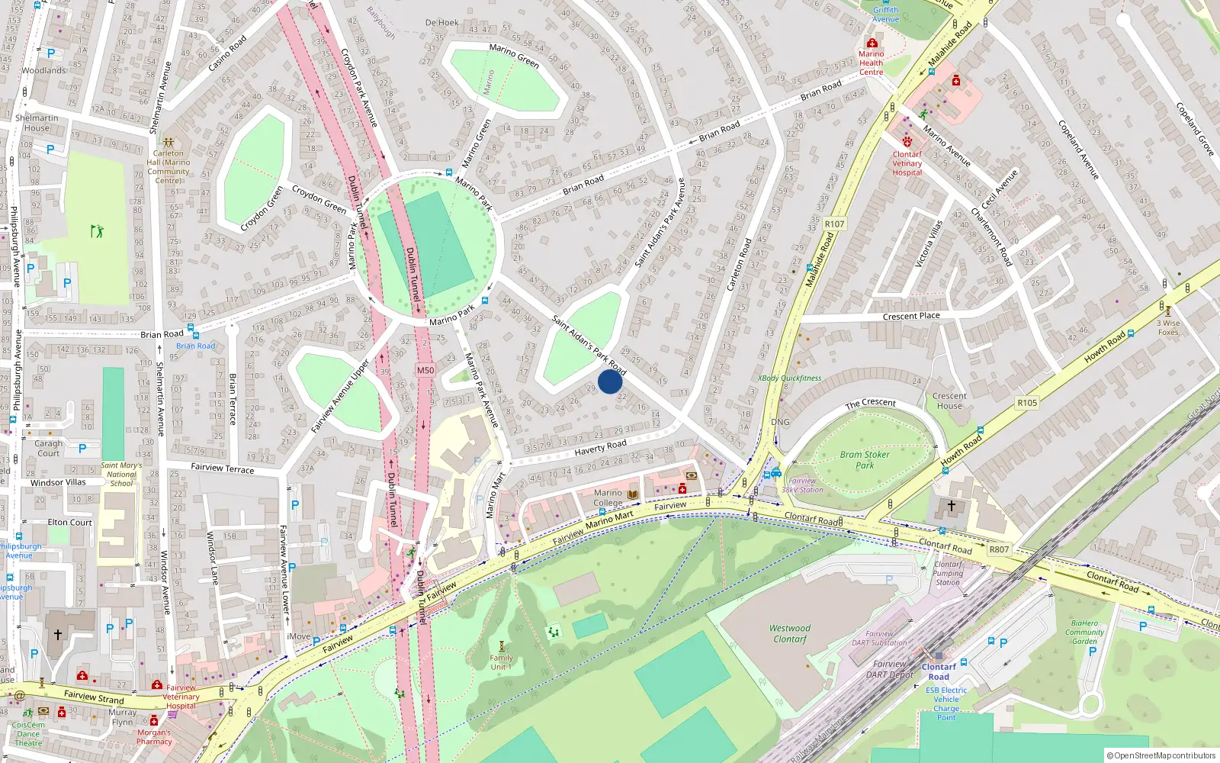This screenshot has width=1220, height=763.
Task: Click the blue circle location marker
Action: (x=610, y=381)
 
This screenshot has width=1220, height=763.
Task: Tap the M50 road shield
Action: (x=425, y=370)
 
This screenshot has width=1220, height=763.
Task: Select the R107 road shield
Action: (x=834, y=224)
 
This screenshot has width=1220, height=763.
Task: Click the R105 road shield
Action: (x=1027, y=403)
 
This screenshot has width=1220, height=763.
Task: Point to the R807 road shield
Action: (x=999, y=549)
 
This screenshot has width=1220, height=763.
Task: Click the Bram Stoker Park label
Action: (x=865, y=459)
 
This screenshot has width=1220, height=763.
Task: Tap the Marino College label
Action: (x=608, y=497)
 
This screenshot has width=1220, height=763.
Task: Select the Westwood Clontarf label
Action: (x=790, y=633)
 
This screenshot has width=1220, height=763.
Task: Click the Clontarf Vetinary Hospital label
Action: (x=907, y=163)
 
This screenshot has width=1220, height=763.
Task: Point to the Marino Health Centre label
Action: (x=872, y=63)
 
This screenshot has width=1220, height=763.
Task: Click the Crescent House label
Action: (x=949, y=401)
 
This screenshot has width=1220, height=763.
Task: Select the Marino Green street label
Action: (x=514, y=56)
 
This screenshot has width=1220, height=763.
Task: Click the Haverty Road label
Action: (x=600, y=448)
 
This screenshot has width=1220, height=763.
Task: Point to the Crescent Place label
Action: (x=911, y=316)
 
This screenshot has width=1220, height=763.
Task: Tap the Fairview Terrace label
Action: (x=222, y=468)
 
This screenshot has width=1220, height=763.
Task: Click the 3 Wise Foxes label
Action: (x=1168, y=327)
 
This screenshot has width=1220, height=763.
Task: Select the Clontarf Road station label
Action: (x=939, y=671)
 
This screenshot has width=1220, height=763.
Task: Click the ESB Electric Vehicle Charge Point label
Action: (x=946, y=703)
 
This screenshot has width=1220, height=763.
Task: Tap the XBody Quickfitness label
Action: (x=790, y=378)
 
